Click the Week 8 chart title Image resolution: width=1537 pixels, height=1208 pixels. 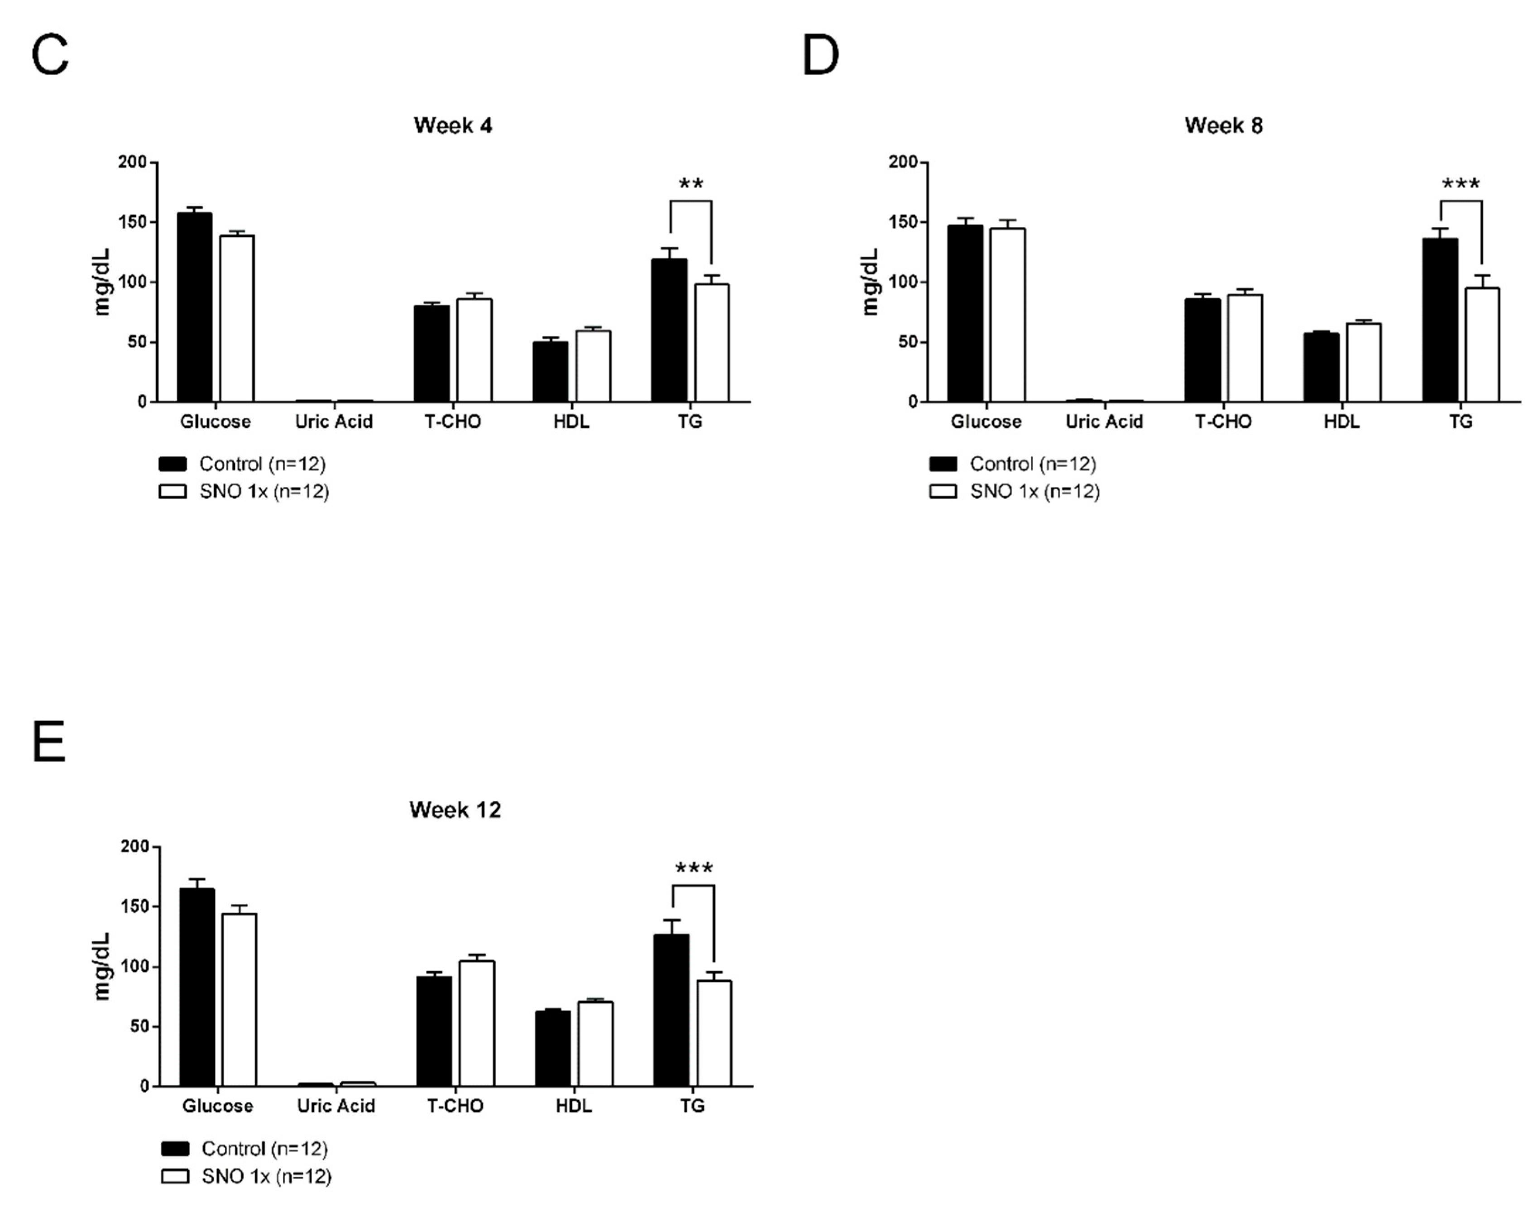point(1223,126)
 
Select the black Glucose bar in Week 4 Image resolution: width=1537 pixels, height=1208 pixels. point(194,307)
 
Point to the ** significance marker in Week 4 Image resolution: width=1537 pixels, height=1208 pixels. point(691,185)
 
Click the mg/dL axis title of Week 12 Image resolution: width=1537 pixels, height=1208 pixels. point(102,966)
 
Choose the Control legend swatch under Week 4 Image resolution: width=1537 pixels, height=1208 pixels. point(172,464)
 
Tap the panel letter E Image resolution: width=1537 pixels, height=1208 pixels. point(49,741)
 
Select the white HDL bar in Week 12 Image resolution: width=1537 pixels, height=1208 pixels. point(595,1044)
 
